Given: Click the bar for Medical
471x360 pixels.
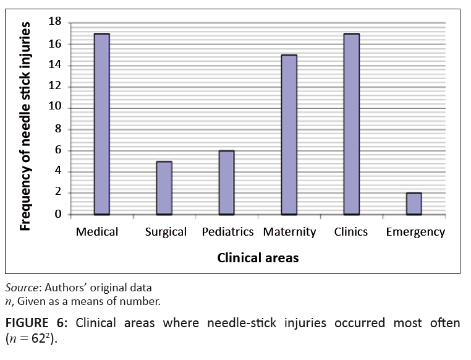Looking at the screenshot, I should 102,124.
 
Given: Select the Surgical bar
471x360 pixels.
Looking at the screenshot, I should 164,188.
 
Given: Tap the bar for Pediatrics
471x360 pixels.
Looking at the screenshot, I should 226,182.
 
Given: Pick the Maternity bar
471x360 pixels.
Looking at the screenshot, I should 289,134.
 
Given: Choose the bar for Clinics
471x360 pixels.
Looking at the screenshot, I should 351,124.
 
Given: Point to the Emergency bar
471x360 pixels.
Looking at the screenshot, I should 414,204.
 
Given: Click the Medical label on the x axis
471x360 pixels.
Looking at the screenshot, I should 96,232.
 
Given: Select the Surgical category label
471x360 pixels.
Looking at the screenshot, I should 166,232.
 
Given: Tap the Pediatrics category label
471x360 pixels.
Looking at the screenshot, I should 227,232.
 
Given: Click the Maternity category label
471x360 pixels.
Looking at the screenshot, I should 289,232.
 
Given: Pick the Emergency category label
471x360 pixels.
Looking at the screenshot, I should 415,232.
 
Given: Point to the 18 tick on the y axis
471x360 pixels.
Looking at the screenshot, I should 56,23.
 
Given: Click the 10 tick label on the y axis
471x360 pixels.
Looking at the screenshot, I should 56,108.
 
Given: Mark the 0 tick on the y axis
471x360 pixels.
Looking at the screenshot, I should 58,214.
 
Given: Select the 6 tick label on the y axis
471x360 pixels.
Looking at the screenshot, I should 58,150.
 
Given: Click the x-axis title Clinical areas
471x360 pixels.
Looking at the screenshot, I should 258,258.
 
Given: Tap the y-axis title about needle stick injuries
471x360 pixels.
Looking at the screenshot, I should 25,126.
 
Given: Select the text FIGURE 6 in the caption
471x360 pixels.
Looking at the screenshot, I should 32,323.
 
